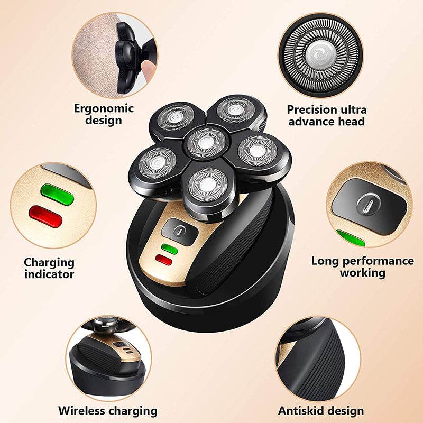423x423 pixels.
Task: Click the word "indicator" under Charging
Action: pos(49,274)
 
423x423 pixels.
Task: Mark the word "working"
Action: pos(362,273)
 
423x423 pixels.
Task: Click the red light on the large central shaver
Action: pos(164,260)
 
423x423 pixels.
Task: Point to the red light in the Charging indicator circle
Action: pos(44,216)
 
